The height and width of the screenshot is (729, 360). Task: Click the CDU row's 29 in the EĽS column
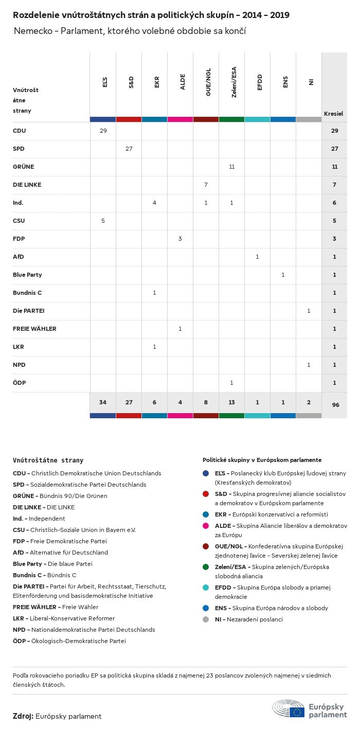[103, 131]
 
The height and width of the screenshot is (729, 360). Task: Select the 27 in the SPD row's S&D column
[129, 149]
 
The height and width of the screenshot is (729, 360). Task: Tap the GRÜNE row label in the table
[23, 167]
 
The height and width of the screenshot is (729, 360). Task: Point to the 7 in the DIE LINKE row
[206, 185]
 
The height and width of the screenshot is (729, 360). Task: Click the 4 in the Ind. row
[154, 203]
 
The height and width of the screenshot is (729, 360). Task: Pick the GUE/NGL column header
[208, 83]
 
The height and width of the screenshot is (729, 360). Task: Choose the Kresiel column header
[333, 113]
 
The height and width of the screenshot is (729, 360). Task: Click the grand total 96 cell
[335, 405]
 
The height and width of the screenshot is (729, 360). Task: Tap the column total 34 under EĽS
[103, 402]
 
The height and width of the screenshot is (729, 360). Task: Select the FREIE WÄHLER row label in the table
[34, 329]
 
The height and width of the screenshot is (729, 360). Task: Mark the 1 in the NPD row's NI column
[309, 365]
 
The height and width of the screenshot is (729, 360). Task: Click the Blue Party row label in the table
[27, 275]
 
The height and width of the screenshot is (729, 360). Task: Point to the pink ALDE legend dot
[206, 526]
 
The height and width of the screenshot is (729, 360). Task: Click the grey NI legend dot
[206, 619]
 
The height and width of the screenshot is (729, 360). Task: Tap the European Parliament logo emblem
[289, 708]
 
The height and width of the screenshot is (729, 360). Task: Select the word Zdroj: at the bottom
[23, 716]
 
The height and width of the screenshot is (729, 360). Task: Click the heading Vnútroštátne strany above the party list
[48, 460]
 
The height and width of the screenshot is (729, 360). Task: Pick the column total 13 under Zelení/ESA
[231, 402]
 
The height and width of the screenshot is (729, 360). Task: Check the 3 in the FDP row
[180, 239]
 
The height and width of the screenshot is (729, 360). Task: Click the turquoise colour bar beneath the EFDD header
[257, 119]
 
